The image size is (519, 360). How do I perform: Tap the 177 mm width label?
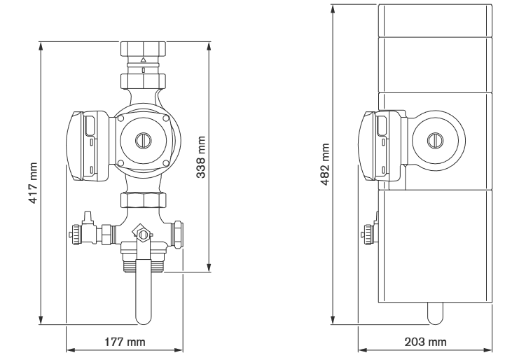click(125, 342)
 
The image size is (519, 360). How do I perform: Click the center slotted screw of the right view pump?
click(434, 139)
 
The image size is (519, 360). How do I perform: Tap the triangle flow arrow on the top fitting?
click(144, 60)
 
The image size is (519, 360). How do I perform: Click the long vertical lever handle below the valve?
click(144, 294)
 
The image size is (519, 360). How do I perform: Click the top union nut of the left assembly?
click(144, 50)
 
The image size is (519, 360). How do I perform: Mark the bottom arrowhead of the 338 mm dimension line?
click(209, 268)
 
